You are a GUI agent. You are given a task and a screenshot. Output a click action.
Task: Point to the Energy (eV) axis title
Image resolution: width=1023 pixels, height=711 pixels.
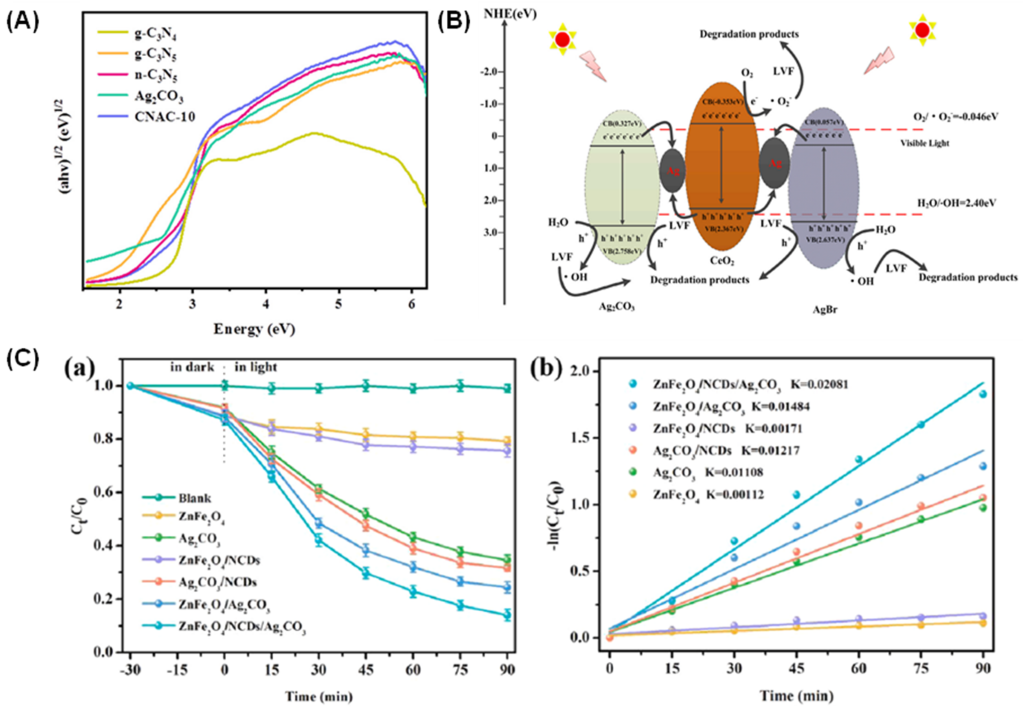click(x=255, y=329)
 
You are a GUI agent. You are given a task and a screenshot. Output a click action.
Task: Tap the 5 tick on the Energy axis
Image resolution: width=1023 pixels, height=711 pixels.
click(x=339, y=304)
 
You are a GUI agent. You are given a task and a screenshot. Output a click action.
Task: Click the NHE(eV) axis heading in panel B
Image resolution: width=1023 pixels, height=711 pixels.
click(x=510, y=15)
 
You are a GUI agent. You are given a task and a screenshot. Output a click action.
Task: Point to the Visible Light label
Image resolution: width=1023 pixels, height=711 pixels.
click(x=925, y=143)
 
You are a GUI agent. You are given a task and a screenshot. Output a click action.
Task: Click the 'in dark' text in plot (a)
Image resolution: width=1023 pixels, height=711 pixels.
click(x=192, y=367)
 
